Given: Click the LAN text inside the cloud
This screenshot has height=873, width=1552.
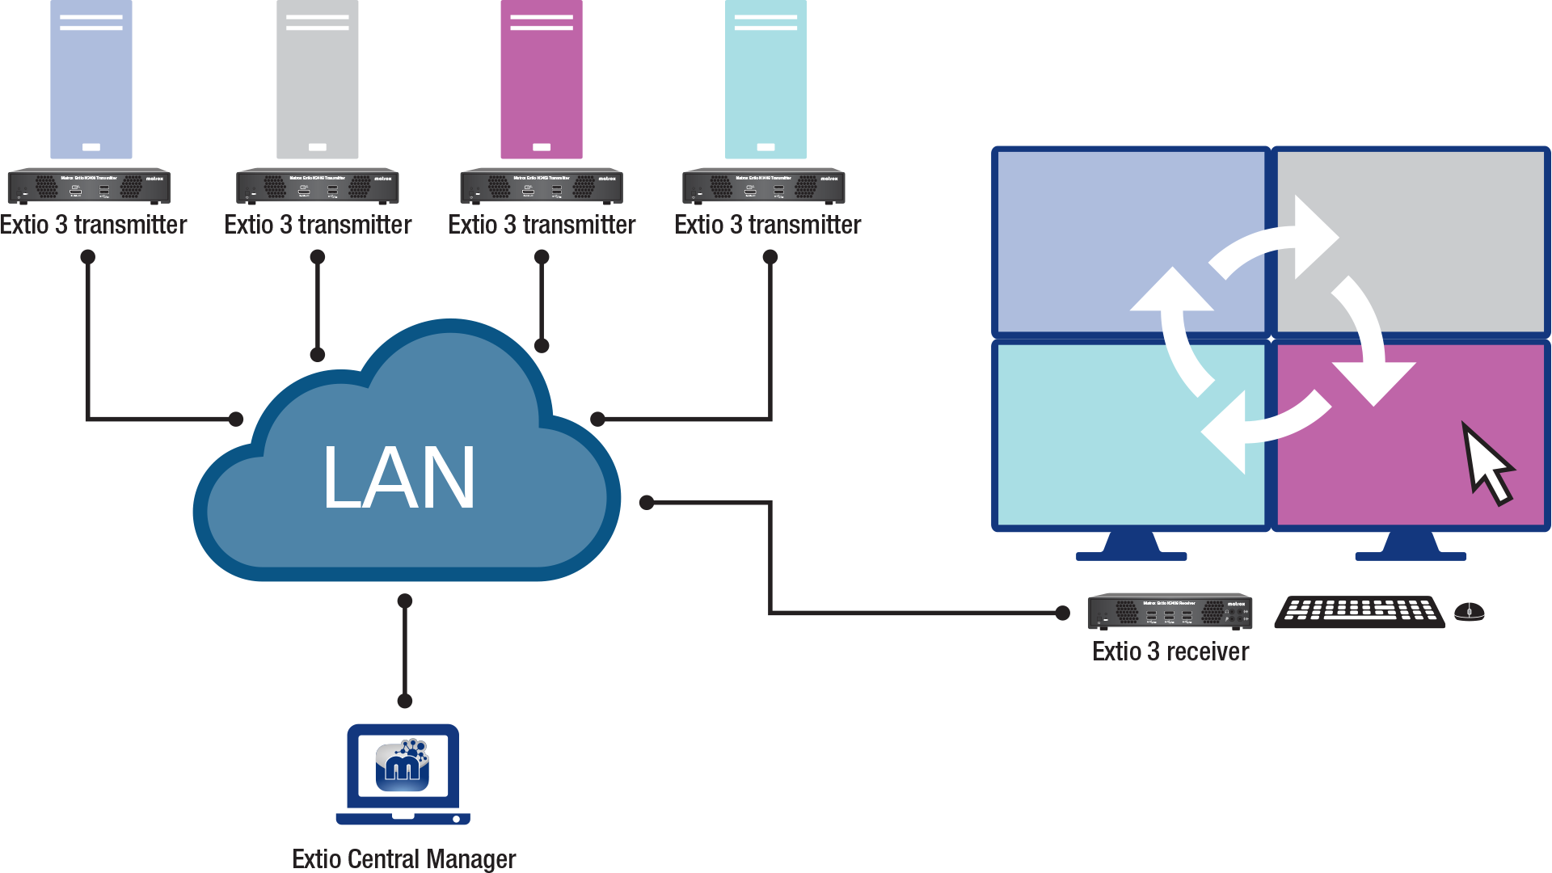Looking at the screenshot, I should (399, 479).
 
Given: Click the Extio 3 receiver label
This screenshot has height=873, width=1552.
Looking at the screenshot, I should (1170, 652).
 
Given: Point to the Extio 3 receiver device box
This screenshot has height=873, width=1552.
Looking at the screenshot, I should (1170, 612).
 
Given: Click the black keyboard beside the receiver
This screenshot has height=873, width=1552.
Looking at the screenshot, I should (1360, 612).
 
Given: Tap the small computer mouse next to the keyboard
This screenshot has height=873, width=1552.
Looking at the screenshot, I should (1469, 612).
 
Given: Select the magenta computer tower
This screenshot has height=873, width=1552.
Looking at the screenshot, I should (541, 79).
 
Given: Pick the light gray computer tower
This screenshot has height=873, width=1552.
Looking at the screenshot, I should (317, 79).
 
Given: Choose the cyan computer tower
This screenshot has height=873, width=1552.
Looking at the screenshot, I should (765, 79).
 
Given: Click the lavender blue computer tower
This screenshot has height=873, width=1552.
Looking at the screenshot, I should (91, 79).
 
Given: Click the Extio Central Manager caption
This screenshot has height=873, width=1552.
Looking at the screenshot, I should (403, 858).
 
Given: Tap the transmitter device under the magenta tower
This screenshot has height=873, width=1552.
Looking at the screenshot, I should (541, 187).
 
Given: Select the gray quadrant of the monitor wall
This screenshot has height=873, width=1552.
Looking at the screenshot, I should (1439, 242).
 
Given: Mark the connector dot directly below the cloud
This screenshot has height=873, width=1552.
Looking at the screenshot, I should (405, 601).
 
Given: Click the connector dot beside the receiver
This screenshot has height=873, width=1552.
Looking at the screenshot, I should (1062, 613).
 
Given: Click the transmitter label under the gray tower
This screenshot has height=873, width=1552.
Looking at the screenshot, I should (318, 225).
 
